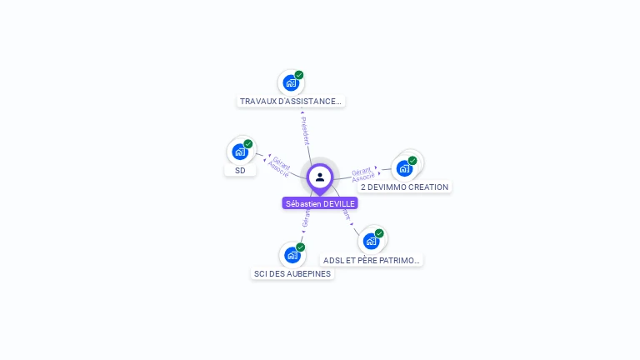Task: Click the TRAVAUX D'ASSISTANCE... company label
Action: (290, 102)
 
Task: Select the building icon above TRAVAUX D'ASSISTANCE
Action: (290, 82)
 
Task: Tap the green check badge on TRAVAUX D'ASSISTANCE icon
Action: (299, 75)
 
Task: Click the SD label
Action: (240, 170)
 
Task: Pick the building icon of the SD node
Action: (240, 152)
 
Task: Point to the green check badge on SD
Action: (248, 144)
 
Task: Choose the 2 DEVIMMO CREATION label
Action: (404, 187)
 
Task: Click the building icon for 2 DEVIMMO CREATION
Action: (404, 168)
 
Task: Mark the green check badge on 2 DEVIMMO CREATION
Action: (412, 161)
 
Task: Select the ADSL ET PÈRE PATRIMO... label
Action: (372, 261)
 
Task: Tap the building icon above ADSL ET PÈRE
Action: (372, 241)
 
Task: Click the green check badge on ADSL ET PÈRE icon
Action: (380, 233)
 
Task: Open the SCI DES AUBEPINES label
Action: (292, 274)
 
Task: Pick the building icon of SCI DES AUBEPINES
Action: (292, 255)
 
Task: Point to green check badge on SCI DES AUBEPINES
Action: (301, 247)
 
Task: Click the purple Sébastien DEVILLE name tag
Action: (320, 203)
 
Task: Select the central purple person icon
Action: (320, 177)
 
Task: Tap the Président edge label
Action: (304, 132)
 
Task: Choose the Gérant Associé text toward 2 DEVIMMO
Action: (362, 174)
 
